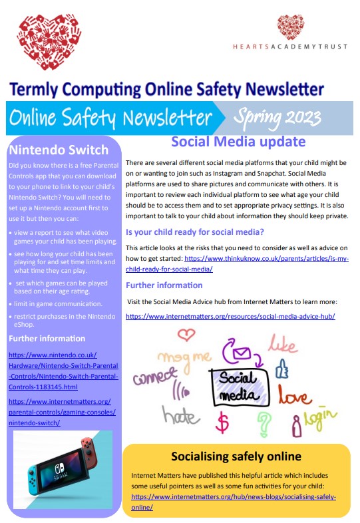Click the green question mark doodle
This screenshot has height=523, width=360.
[265, 421]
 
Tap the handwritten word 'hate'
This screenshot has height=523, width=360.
[181, 416]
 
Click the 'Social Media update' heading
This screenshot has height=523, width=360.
[238, 142]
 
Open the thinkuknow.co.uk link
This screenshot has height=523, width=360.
[266, 258]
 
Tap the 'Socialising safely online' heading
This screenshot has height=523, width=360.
[236, 456]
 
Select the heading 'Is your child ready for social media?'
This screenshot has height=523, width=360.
[195, 232]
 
